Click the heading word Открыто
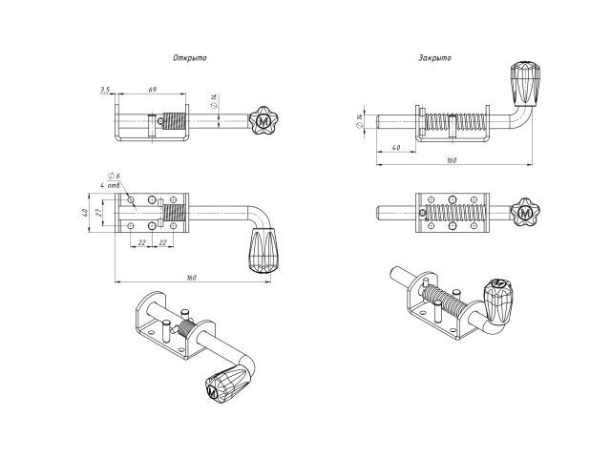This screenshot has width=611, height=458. [189, 58]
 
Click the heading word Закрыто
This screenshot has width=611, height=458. [434, 58]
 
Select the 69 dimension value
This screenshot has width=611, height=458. [152, 89]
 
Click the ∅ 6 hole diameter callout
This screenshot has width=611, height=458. [115, 177]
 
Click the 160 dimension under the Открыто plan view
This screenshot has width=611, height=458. [190, 277]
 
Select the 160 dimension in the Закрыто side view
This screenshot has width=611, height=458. [451, 159]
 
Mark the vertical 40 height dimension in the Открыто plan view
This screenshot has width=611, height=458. [84, 212]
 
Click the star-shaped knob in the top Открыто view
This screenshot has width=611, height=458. [263, 121]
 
